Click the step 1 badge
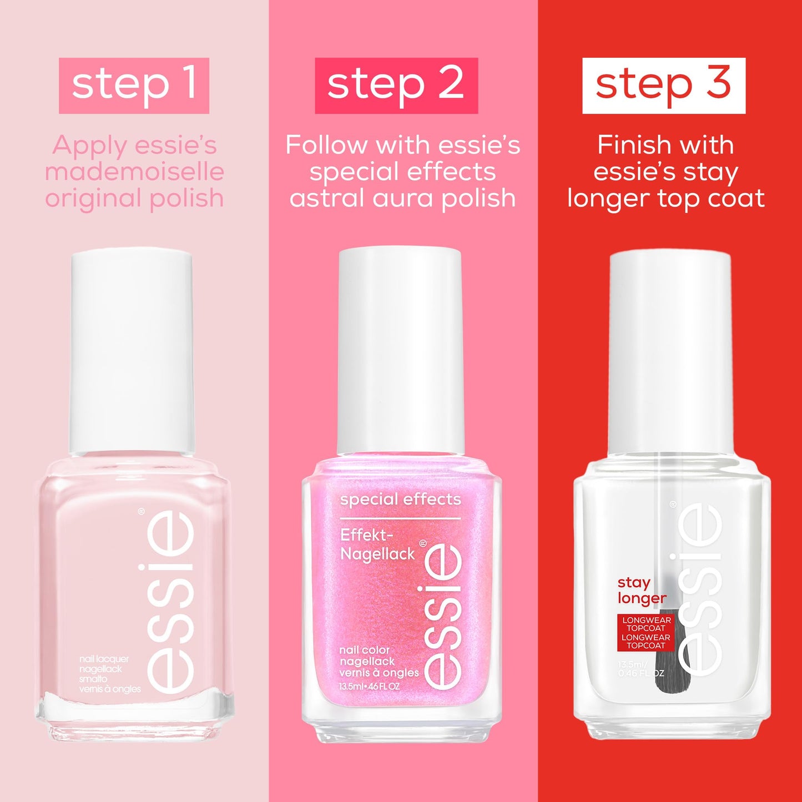[134, 85]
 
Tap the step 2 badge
[396, 85]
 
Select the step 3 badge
[663, 85]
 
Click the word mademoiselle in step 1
[134, 172]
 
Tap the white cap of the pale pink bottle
[132, 350]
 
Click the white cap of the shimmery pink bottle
[401, 350]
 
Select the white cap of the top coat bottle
[670, 352]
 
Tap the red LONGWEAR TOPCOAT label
[645, 633]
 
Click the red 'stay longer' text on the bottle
[641, 590]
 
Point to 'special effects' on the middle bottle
[400, 500]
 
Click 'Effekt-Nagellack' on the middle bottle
[377, 544]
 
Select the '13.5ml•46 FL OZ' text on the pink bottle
[370, 686]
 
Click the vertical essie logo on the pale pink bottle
[171, 602]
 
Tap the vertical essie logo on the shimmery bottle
[443, 616]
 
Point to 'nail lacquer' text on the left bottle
[104, 659]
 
